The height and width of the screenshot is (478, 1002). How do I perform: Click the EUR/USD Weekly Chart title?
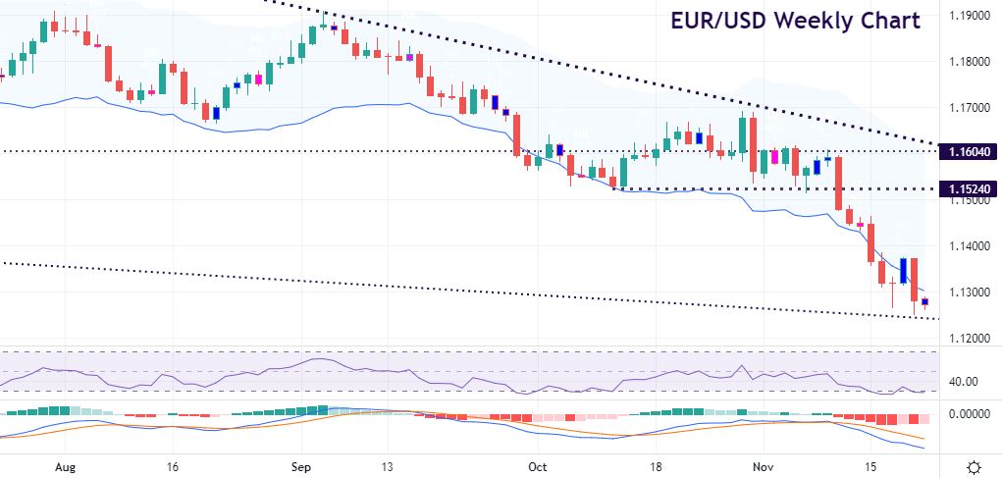796,21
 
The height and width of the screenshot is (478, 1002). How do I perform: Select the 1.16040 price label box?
969,152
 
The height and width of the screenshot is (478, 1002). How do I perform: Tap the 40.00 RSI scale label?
961,382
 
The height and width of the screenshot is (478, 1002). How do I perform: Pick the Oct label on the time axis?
538,466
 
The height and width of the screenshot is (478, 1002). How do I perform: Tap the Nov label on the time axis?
763,466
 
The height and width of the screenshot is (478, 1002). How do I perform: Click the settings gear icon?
974,466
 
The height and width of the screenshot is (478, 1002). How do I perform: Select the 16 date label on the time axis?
173,466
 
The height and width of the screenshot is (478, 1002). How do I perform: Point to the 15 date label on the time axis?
868,466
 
